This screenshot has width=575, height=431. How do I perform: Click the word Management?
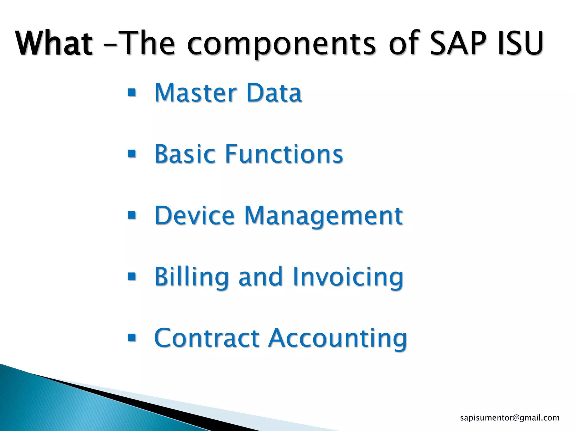(x=323, y=216)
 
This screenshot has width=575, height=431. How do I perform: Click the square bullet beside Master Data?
(x=131, y=92)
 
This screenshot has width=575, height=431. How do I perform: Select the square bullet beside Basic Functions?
(x=131, y=154)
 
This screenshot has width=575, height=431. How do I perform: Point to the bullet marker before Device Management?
(x=131, y=215)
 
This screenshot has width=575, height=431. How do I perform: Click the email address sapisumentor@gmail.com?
(x=510, y=418)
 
